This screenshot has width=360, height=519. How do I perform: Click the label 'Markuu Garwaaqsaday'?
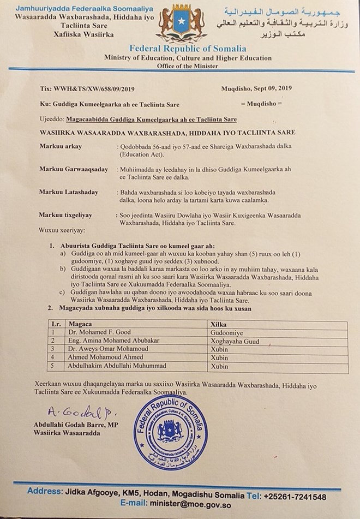click(x=73, y=169)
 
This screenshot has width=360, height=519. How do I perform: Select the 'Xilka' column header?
click(x=218, y=324)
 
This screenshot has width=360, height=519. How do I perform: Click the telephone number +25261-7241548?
click(x=295, y=497)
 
